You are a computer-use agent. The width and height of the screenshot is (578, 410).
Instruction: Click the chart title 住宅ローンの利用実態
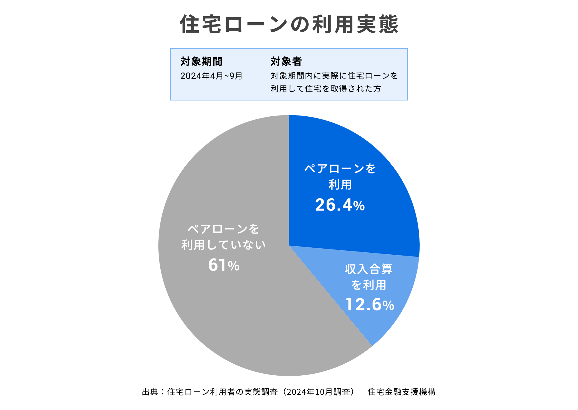(289, 24)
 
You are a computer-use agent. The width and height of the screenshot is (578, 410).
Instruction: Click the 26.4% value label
(340, 205)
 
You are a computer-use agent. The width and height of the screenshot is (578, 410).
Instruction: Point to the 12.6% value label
(369, 305)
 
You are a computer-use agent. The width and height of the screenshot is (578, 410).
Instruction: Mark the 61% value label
(224, 265)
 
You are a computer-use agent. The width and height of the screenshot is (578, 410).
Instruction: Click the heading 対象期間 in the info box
(201, 61)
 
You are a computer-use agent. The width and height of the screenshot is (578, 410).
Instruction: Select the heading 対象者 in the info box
(286, 61)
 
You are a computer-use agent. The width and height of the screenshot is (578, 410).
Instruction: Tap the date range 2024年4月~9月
(211, 76)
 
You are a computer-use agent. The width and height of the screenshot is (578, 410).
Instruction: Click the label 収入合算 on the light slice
(369, 269)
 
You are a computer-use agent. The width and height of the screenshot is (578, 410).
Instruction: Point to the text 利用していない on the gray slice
(223, 245)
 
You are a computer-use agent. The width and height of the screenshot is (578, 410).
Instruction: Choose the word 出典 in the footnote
(150, 392)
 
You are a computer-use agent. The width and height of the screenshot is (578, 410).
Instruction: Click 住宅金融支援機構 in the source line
(401, 392)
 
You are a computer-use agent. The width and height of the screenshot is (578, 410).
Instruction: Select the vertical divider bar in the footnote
(363, 392)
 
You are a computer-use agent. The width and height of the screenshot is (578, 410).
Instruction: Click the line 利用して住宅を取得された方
(326, 89)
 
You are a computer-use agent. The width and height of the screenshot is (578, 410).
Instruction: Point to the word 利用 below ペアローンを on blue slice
(340, 185)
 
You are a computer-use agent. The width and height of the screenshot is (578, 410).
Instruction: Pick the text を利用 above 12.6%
(369, 285)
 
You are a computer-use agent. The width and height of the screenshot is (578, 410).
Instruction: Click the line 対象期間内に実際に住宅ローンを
(334, 76)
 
